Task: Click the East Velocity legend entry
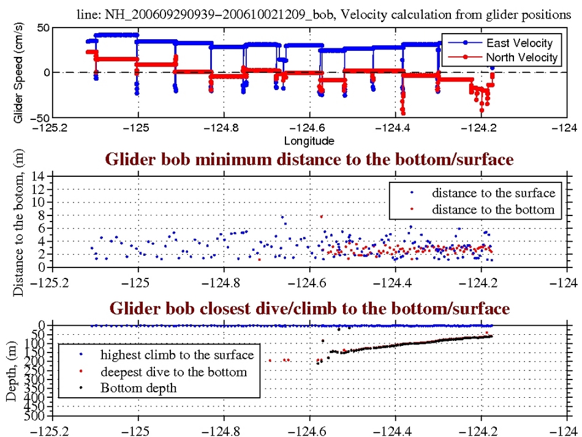coord(520,43)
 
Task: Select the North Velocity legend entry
coord(521,58)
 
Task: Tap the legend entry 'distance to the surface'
coord(493,193)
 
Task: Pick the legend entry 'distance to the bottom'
coord(493,209)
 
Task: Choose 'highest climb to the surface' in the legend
coord(177,355)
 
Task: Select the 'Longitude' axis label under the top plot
coord(309,141)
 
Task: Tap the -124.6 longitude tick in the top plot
coord(309,129)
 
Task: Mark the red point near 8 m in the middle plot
coord(320,217)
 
